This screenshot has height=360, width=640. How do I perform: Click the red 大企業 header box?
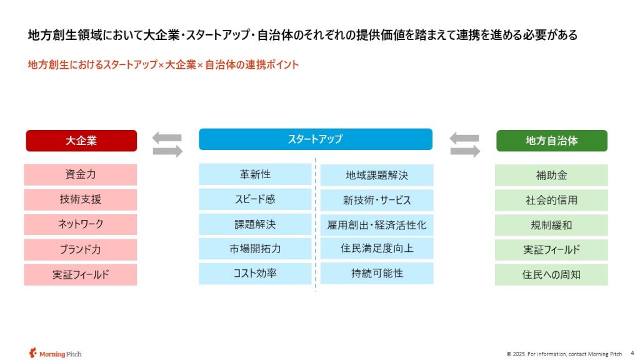[81, 141]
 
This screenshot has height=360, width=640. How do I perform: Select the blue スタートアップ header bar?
[316, 139]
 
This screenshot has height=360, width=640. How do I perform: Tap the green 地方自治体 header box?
[551, 141]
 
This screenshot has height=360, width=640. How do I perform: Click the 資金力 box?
[81, 175]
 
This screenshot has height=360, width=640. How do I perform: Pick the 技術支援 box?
[81, 199]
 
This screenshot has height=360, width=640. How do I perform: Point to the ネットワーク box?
[81, 224]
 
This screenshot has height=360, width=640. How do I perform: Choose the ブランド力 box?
[81, 250]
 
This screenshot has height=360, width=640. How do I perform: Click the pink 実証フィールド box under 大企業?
[81, 275]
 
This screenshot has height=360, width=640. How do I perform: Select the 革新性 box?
[255, 175]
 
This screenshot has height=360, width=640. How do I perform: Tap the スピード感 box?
[255, 199]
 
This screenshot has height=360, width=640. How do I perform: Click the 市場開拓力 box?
[255, 249]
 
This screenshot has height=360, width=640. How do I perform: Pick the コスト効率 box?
[255, 274]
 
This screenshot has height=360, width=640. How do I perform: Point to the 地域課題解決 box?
[377, 176]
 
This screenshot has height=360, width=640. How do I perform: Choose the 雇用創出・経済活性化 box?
[377, 225]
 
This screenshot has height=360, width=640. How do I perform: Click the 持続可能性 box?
[377, 274]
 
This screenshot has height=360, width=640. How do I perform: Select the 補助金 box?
[551, 176]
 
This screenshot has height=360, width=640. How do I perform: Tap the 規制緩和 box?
[551, 225]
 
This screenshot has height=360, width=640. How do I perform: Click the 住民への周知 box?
[551, 275]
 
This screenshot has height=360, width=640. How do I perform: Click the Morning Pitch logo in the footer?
[55, 354]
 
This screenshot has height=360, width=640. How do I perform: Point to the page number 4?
[632, 353]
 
